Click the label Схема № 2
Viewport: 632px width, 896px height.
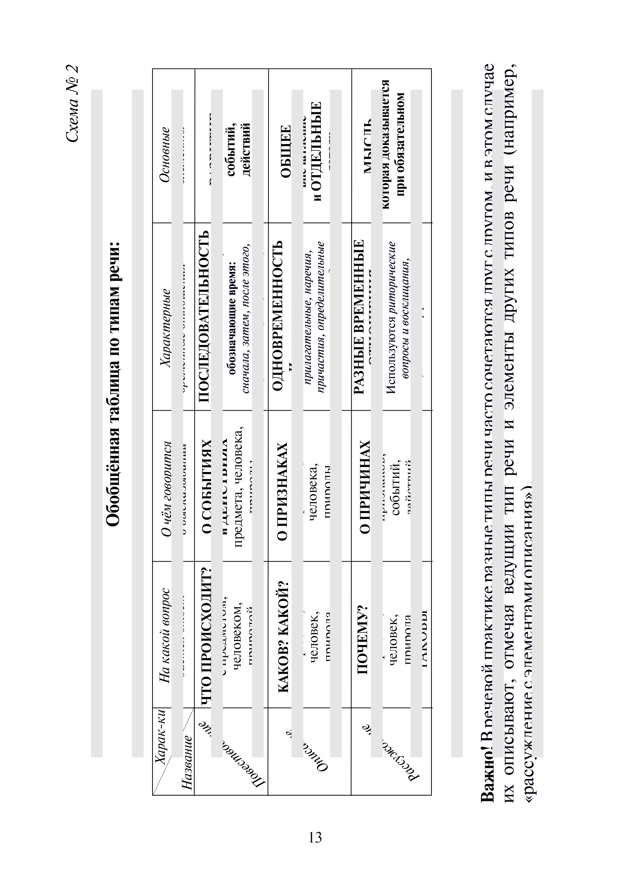72,103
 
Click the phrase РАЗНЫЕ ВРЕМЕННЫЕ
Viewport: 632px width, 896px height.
358,316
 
